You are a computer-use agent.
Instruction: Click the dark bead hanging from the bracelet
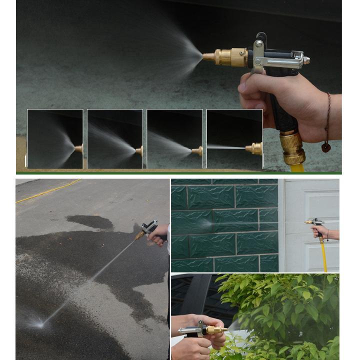[x=326, y=147]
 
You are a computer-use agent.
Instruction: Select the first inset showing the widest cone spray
[x=55, y=139]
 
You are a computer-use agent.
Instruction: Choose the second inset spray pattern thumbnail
[x=115, y=139]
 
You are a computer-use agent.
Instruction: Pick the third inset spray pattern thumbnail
[x=175, y=139]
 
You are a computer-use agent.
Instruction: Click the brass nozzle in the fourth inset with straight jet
[x=254, y=148]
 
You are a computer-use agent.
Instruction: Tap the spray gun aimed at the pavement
[x=146, y=230]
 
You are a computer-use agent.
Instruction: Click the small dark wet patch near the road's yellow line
[x=90, y=221]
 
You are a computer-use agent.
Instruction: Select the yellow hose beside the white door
[x=323, y=255]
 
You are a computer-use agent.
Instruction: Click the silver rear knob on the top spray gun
[x=306, y=60]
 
